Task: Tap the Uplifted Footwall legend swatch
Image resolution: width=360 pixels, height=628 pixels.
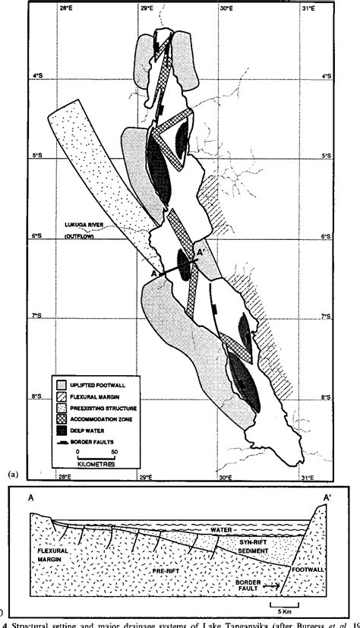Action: click(x=64, y=386)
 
